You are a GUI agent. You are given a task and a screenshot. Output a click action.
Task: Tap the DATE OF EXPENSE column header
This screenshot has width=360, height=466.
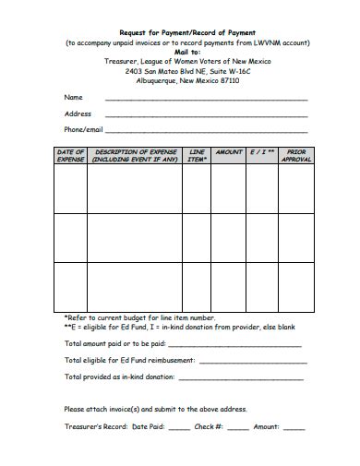(x=71, y=155)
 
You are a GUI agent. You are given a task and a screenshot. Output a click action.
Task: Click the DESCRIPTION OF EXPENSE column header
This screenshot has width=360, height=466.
(x=134, y=155)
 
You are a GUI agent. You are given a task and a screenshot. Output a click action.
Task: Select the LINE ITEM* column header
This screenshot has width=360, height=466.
(x=197, y=155)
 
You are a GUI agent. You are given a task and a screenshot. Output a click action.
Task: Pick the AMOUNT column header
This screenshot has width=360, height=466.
(x=228, y=151)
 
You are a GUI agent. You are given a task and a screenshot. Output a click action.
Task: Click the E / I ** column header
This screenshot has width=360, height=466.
(x=262, y=151)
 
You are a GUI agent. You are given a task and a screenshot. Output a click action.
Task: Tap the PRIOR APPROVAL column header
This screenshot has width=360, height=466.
(x=295, y=155)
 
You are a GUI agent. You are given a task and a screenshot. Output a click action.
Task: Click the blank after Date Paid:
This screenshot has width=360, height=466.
(x=179, y=428)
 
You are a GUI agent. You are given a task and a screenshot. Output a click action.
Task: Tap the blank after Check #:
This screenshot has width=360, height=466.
(x=237, y=428)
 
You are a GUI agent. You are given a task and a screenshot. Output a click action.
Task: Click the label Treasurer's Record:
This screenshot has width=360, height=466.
(x=95, y=426)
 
